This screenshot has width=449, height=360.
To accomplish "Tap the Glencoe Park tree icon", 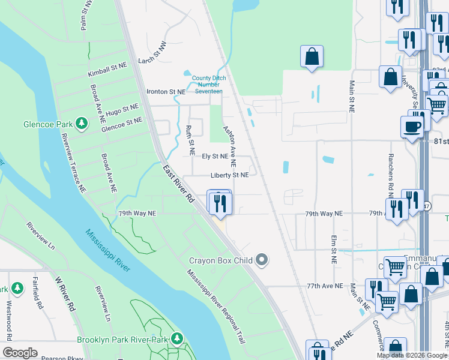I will tap(82, 124).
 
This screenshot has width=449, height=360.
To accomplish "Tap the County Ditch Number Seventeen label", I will tap(207, 85).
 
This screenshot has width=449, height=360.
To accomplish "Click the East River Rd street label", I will tap(178, 184).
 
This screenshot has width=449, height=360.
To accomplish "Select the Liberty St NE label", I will tap(229, 175).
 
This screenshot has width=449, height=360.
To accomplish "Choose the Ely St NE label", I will tap(215, 156).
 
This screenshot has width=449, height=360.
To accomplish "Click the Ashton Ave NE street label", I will tap(230, 146).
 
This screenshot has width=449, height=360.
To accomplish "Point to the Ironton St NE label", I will tap(166, 92).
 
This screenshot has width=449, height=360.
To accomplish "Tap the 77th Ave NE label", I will tap(324, 287).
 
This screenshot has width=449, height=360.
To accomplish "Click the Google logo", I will tap(20, 353).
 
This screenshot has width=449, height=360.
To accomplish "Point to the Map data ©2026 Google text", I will tap(412, 355).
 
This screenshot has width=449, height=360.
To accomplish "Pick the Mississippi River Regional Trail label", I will tap(216, 305).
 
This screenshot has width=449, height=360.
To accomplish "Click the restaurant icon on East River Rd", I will tap(220, 203).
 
